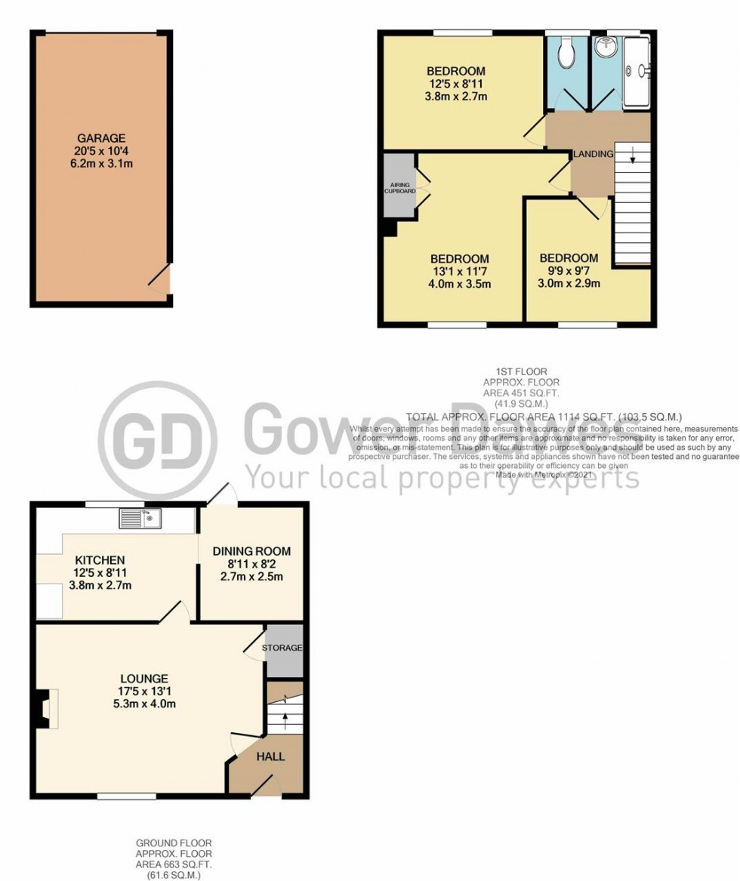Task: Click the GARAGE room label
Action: coord(100,138)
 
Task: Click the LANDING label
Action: coord(593,154)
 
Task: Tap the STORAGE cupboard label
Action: coord(282,648)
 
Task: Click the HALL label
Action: coord(270,756)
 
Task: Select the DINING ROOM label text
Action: coord(251,551)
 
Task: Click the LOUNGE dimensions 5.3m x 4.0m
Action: coord(143,705)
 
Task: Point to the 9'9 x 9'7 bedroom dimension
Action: coord(569,271)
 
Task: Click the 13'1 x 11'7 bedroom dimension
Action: coord(461,272)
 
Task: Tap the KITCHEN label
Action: coord(100,560)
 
